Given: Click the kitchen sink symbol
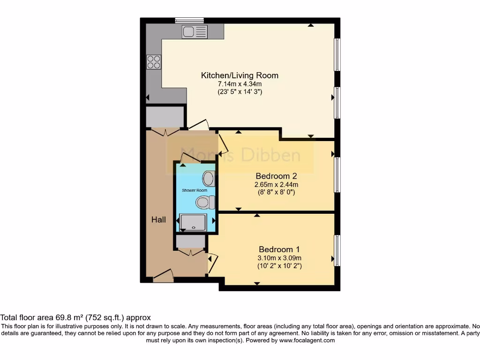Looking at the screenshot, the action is [x=195, y=32].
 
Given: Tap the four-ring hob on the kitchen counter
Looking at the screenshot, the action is [x=154, y=62].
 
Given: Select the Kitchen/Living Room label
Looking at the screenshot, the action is [x=240, y=75].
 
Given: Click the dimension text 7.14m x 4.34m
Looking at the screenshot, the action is [x=240, y=84].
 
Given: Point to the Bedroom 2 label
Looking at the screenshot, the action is [x=276, y=176].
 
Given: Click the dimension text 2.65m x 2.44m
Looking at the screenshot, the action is [x=276, y=184].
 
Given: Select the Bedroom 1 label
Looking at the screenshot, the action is [x=279, y=249].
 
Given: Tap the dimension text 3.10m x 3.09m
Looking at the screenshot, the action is [x=279, y=258].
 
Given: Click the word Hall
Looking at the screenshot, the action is [x=158, y=219].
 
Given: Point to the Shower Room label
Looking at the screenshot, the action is [x=195, y=190].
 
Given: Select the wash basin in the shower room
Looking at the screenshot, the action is [x=209, y=179].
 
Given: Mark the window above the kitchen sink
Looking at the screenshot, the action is [x=189, y=20].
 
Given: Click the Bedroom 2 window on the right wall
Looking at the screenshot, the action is [x=337, y=174].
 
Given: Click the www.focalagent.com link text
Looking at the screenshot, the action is [x=307, y=341].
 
